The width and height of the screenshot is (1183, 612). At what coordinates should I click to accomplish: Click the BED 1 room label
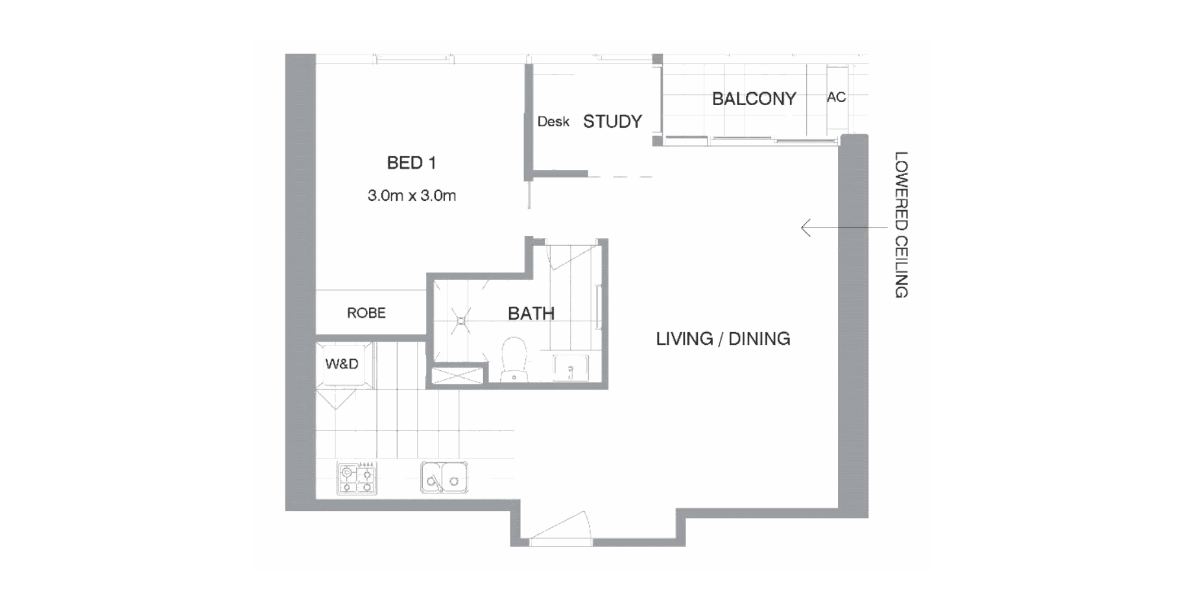click(x=411, y=163)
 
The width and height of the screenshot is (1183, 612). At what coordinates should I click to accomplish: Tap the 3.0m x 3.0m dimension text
click(x=412, y=195)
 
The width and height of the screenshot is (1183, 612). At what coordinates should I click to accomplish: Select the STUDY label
click(x=612, y=121)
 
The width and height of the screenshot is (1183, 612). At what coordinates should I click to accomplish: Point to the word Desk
click(x=553, y=121)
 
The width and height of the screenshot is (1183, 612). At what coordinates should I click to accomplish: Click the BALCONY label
click(x=754, y=99)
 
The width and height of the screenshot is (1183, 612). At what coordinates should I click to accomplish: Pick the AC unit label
click(x=836, y=97)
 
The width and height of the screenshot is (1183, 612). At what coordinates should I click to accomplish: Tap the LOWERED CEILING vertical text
click(x=901, y=224)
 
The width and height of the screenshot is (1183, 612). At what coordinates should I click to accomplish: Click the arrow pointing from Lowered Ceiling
click(x=844, y=228)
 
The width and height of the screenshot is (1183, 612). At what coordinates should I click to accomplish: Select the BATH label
click(x=531, y=314)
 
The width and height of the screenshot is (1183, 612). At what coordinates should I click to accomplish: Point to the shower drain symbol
click(x=462, y=320)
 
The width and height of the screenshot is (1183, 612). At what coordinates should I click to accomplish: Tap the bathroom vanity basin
click(x=570, y=368)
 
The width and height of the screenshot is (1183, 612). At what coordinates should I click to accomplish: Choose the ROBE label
click(x=366, y=313)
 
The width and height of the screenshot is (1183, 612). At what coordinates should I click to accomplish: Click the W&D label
click(x=342, y=364)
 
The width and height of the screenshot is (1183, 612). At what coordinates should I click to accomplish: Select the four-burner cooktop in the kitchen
click(x=357, y=478)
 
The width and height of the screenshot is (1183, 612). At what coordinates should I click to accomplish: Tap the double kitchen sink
click(x=444, y=478)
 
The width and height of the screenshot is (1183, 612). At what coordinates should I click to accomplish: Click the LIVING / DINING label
click(x=723, y=338)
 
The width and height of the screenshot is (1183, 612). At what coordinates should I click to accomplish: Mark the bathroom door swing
click(x=571, y=256)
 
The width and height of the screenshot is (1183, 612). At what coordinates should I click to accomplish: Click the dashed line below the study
click(x=620, y=176)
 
